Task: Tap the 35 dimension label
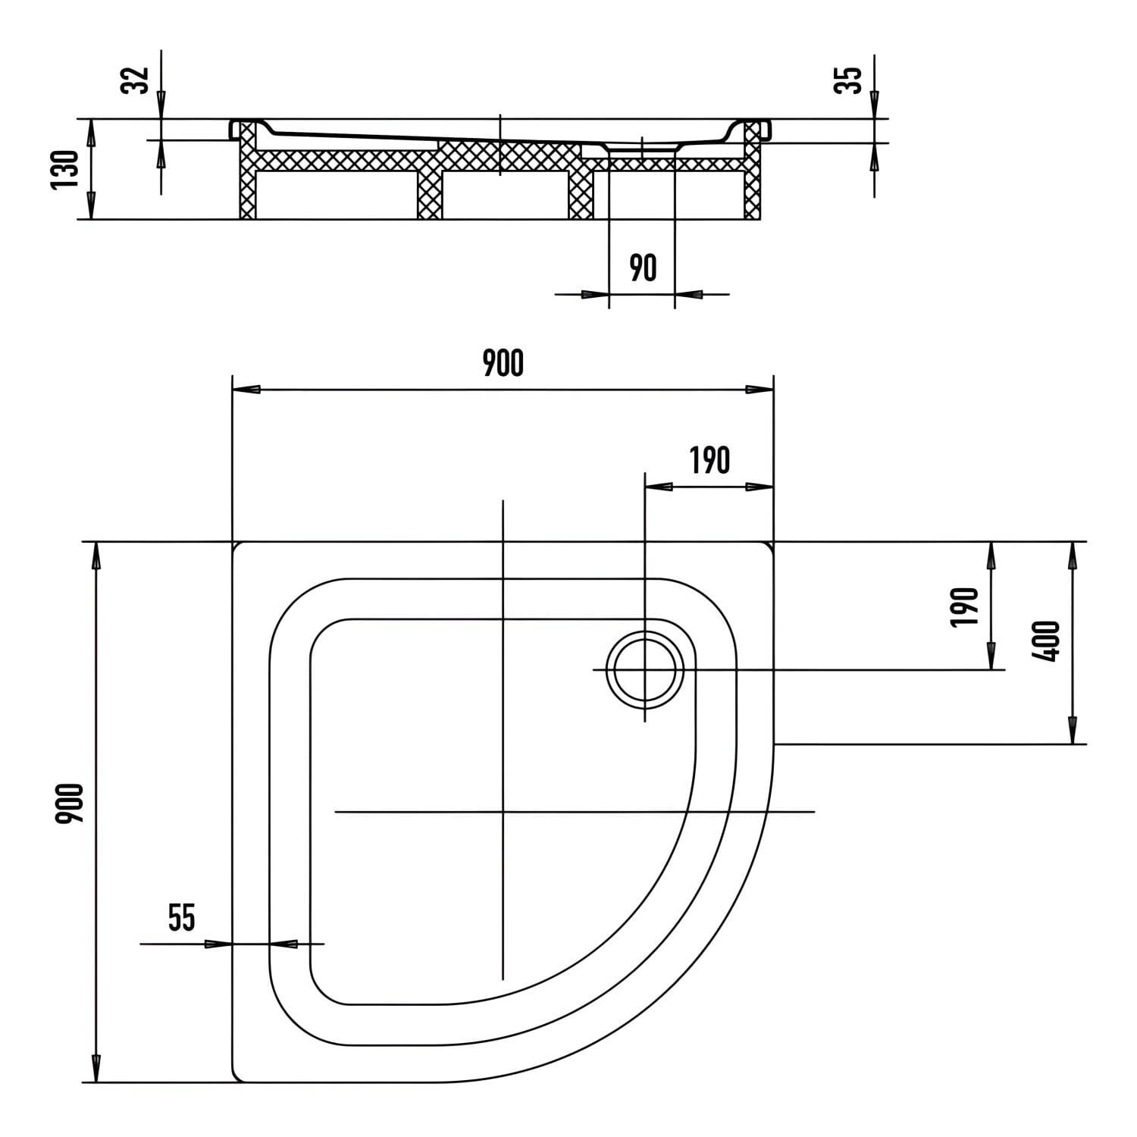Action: click(x=850, y=80)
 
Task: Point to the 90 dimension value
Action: click(x=644, y=268)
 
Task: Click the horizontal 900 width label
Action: click(x=503, y=364)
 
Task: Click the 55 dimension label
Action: click(x=182, y=918)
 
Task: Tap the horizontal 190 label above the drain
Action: click(x=709, y=460)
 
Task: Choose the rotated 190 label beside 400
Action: click(x=963, y=606)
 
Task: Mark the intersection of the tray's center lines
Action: click(x=503, y=812)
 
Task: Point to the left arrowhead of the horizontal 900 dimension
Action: click(x=246, y=390)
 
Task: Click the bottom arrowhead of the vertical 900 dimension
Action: click(x=96, y=1068)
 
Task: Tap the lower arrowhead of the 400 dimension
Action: click(x=1072, y=731)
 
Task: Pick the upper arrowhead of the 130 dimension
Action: click(x=90, y=132)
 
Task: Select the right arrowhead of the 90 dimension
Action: click(x=687, y=294)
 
